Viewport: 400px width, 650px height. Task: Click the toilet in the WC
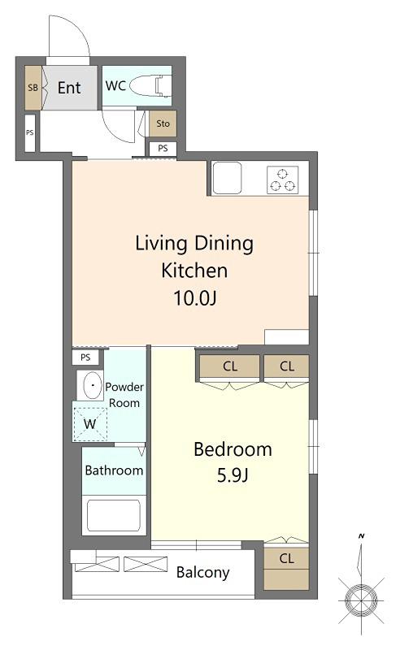click(150, 85)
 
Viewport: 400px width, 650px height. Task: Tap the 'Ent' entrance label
click(69, 88)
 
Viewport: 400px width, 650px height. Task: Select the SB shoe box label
click(33, 88)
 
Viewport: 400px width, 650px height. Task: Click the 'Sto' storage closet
click(163, 123)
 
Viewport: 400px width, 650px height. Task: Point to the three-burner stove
click(283, 180)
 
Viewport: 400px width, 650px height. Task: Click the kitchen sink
click(227, 178)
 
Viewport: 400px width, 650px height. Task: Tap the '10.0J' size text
click(194, 297)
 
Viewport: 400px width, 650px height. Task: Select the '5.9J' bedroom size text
click(233, 475)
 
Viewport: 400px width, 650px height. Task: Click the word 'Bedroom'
click(233, 449)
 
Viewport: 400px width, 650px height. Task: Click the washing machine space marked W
click(90, 423)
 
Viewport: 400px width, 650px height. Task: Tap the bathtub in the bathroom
click(113, 515)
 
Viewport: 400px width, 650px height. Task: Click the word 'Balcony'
click(203, 573)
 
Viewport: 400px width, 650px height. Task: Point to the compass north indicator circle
click(361, 600)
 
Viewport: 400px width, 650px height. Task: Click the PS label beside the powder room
click(85, 357)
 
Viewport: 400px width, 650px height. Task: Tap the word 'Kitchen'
click(194, 271)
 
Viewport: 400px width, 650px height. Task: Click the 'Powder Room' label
click(124, 395)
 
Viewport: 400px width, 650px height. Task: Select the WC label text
click(115, 86)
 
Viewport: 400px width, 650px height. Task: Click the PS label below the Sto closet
click(163, 148)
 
